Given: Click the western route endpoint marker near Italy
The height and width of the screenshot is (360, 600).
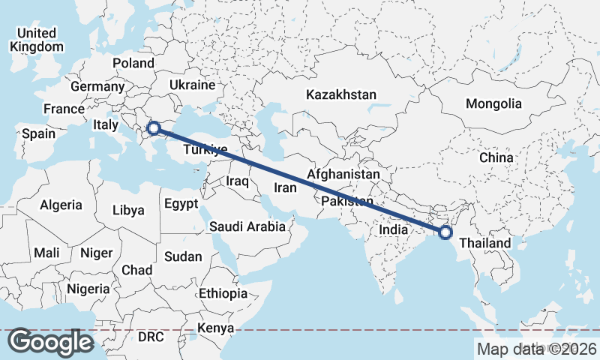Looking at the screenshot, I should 153,128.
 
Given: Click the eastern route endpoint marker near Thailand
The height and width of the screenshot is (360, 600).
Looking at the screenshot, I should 445,232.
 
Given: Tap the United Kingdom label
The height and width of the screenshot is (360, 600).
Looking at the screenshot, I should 37,40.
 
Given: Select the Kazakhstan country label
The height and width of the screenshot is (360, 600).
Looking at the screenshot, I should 340,94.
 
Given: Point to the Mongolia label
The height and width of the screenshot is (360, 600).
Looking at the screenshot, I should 493,103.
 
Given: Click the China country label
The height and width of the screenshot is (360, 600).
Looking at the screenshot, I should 496,157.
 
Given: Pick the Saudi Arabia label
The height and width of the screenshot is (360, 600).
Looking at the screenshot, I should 247,226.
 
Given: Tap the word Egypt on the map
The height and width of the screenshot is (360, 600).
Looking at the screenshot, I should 181,203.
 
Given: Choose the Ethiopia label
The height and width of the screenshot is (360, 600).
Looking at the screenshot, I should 223,292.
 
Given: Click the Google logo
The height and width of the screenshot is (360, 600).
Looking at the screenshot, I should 50,342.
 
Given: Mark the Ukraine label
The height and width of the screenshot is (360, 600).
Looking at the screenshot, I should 193,85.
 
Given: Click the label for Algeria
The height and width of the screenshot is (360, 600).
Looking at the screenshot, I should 61,204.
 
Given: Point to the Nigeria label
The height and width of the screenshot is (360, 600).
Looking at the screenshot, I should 88,289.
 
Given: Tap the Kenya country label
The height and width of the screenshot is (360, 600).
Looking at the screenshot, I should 215,328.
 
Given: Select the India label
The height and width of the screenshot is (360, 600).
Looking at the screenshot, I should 393,229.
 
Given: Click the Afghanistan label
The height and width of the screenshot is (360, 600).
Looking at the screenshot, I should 344,173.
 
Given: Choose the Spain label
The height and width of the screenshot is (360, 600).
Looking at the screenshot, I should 38,133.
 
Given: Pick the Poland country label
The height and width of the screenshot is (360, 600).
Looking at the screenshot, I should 133,63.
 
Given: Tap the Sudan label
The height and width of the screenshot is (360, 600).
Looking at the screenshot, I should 183,256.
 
